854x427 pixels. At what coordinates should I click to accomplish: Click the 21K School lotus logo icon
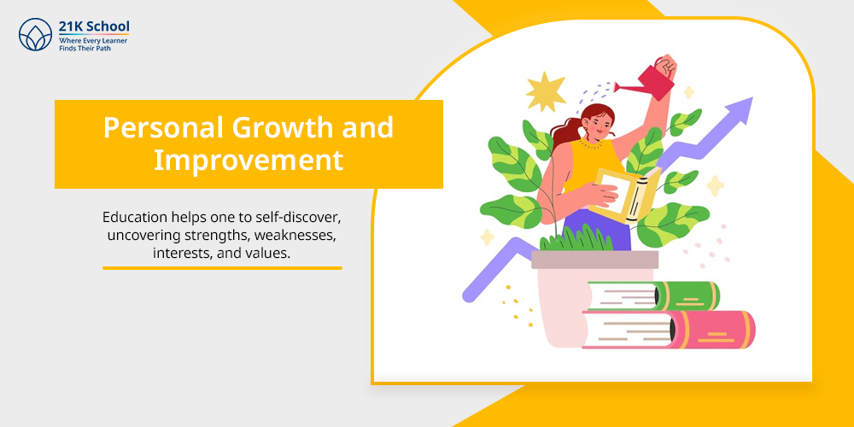(35, 34)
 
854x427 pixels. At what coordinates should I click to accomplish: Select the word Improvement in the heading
(249, 161)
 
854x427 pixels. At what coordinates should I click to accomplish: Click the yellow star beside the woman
(546, 92)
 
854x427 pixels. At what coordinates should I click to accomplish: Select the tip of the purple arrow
(752, 97)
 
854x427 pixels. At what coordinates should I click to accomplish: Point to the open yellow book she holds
(623, 195)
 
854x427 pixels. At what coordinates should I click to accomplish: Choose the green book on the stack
(653, 296)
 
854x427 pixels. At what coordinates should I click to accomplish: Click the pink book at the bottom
(669, 330)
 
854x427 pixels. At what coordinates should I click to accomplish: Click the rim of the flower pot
(594, 260)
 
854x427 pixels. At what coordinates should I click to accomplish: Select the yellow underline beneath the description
(222, 268)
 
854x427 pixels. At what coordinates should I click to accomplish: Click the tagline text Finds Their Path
(84, 49)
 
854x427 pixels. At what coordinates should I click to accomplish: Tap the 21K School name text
(94, 26)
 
